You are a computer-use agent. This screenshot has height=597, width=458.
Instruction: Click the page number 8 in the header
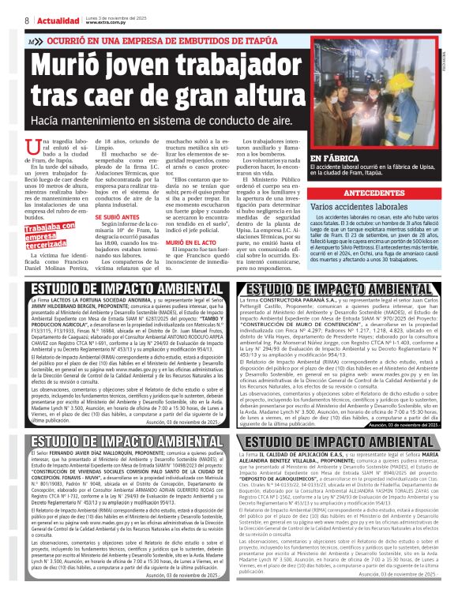pos(27,21)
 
